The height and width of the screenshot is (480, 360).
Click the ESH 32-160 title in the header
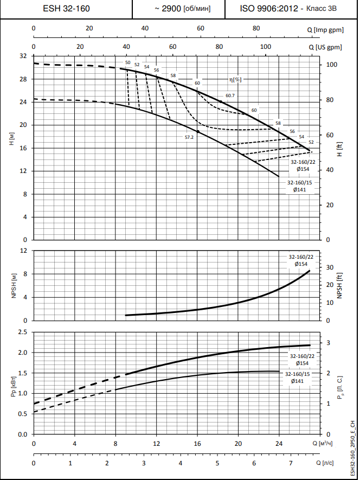click(x=67, y=9)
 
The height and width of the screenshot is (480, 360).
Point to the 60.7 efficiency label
click(x=230, y=96)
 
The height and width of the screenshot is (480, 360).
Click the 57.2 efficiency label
click(x=189, y=137)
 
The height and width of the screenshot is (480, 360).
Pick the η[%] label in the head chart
click(x=235, y=79)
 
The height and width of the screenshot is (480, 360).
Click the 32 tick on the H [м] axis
click(x=23, y=56)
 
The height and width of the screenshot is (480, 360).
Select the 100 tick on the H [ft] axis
click(x=332, y=65)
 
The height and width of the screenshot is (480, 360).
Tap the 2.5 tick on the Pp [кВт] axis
click(x=22, y=332)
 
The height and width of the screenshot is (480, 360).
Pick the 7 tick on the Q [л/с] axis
click(x=291, y=463)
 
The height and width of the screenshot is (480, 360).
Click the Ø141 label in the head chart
click(x=299, y=190)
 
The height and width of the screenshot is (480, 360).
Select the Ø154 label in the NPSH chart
click(x=301, y=264)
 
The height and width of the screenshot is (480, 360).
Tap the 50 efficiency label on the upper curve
click(x=127, y=63)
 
